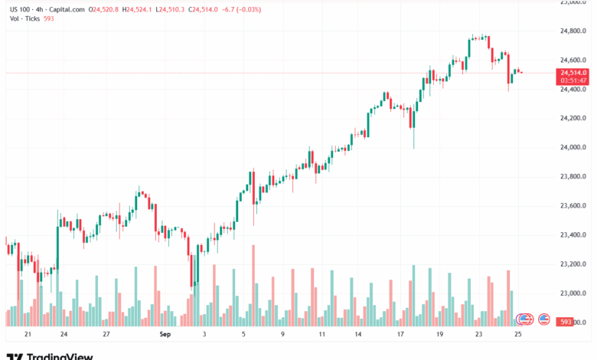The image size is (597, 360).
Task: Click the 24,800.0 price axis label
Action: tap(574, 31)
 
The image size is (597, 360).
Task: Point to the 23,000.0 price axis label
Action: tap(574, 293)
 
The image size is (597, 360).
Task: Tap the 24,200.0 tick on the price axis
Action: tap(574, 118)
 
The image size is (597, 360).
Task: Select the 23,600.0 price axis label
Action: tap(574, 205)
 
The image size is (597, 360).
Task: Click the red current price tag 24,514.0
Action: tap(573, 72)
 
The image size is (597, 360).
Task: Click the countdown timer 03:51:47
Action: tap(573, 80)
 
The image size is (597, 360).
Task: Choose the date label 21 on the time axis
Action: tap(28, 335)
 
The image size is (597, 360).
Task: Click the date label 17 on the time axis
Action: tap(400, 335)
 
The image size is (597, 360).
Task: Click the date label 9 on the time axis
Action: tap(282, 335)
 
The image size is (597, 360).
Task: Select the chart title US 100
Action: tap(18, 9)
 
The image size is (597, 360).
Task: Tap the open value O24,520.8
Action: tap(104, 9)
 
